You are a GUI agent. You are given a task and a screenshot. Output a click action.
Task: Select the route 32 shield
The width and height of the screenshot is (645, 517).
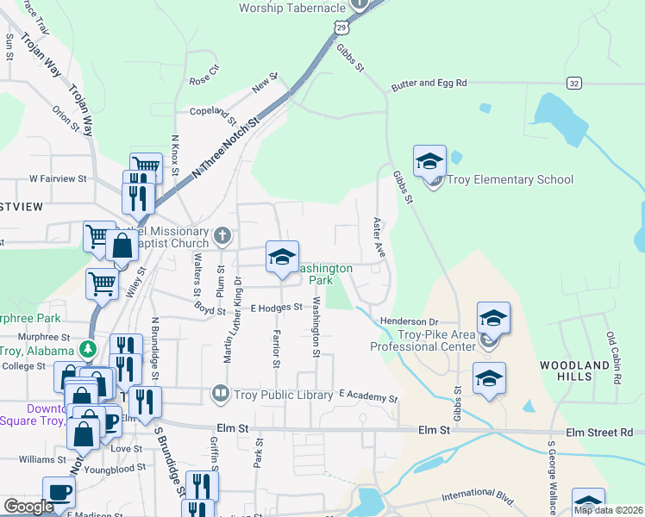(574, 83)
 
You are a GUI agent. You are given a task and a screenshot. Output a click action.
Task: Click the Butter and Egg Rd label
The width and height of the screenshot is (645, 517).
(429, 84)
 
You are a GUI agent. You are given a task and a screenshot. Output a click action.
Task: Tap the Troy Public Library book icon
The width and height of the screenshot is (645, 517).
(221, 395)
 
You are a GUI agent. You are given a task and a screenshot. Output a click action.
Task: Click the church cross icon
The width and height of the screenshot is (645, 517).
(222, 235)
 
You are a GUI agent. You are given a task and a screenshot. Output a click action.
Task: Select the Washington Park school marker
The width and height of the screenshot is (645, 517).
(282, 258)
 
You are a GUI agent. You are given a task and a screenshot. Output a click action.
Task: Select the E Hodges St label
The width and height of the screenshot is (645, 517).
(277, 307)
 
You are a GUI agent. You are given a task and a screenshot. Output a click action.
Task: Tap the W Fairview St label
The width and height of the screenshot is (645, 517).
(58, 179)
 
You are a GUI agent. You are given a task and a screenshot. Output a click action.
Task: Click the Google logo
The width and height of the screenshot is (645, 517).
(28, 506)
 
